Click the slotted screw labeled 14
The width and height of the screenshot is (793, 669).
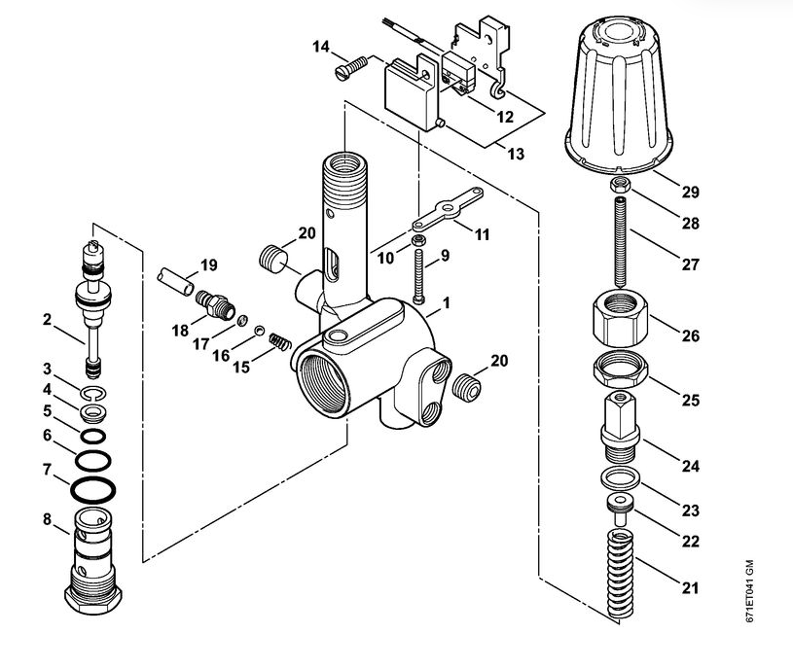pyautogui.click(x=351, y=68)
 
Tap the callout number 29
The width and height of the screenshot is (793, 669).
pyautogui.click(x=690, y=192)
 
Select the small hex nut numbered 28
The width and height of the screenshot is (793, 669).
pyautogui.click(x=620, y=186)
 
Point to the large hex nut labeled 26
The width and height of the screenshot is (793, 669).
pyautogui.click(x=620, y=316)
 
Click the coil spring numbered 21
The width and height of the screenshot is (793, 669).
pyautogui.click(x=620, y=574)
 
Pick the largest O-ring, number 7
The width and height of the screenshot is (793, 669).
pyautogui.click(x=93, y=490)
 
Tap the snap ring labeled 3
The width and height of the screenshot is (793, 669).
pyautogui.click(x=92, y=393)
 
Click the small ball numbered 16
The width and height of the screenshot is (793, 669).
pyautogui.click(x=259, y=331)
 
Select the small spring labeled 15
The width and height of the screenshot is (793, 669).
pyautogui.click(x=279, y=342)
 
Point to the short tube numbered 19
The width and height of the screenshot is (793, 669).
pyautogui.click(x=175, y=281)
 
